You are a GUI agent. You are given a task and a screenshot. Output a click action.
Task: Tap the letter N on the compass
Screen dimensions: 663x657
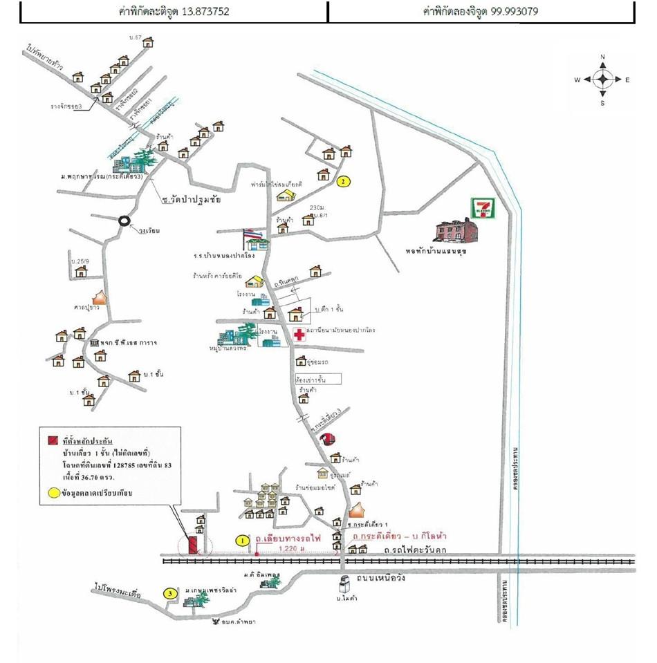point(603,57)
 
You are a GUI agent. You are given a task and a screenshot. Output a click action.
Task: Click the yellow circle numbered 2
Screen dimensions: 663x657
point(344,182)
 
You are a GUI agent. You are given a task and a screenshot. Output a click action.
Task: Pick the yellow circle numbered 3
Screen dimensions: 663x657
point(170,593)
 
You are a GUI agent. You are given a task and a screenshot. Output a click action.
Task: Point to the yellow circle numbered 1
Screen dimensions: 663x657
point(242,541)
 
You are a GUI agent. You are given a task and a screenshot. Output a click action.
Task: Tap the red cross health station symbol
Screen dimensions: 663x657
point(299,335)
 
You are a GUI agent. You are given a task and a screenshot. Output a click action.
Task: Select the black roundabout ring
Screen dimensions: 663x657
point(124,221)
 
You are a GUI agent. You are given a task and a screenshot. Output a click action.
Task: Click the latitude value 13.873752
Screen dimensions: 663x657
point(205,12)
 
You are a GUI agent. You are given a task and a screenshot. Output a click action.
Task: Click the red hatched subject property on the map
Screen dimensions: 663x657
point(194,544)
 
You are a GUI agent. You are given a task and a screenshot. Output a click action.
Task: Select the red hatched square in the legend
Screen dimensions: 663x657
point(53,440)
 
